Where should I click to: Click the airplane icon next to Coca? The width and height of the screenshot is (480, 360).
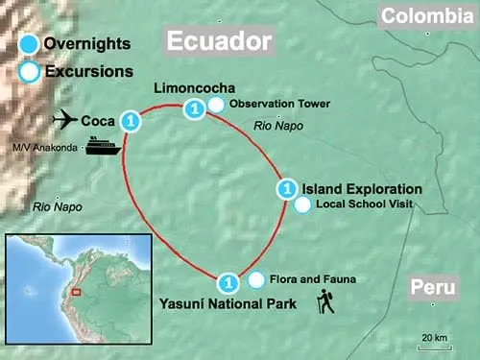coord(64,120)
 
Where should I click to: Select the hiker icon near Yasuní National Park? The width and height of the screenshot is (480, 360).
coord(325,303)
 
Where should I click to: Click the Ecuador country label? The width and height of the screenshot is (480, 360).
coord(220,42)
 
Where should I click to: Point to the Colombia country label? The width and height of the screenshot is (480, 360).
coord(427,16)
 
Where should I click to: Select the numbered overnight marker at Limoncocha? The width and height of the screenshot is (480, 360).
coord(194,109)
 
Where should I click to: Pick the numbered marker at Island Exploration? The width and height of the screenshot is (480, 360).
coord(285,189)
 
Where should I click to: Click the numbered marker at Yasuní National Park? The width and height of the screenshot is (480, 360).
coord(228,283)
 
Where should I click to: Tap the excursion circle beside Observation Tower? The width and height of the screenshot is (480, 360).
coord(217,105)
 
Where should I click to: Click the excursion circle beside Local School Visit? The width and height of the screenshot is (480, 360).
coord(302,204)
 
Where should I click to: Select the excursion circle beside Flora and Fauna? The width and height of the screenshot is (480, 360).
coord(256,279)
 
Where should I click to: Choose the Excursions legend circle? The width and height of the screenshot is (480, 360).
coord(29,71)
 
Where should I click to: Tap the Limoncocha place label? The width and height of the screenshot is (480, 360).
coord(195,89)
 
